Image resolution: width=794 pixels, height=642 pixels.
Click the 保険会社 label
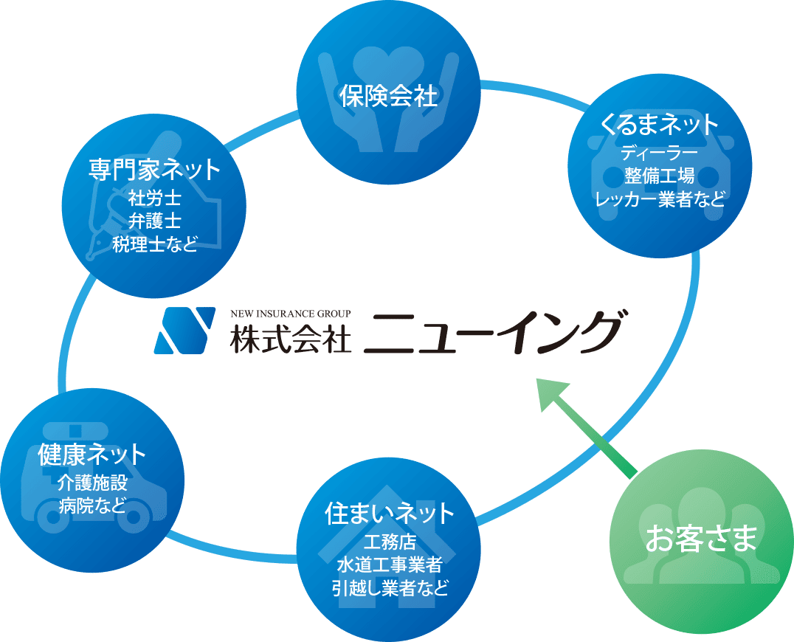(x=388, y=96)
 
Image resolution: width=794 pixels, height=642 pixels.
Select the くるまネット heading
(x=660, y=125)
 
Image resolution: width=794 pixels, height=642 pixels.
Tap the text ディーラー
(x=660, y=153)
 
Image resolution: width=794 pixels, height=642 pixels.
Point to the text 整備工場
(x=660, y=176)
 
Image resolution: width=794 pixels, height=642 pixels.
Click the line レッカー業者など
(x=660, y=199)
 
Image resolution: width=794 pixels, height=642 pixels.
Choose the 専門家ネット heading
(x=154, y=170)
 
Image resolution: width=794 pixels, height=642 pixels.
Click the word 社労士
(x=154, y=199)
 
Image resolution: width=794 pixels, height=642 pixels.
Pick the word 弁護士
(x=154, y=221)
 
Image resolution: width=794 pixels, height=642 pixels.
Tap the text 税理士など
(x=154, y=244)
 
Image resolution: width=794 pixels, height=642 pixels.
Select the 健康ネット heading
(x=92, y=454)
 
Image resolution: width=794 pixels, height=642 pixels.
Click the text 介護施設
(x=92, y=483)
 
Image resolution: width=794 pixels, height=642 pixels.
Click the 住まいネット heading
(x=389, y=514)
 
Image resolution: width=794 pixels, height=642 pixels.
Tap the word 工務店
(x=389, y=543)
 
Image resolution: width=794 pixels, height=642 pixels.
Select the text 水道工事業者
(x=389, y=566)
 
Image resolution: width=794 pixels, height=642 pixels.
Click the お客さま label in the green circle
(x=701, y=539)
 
